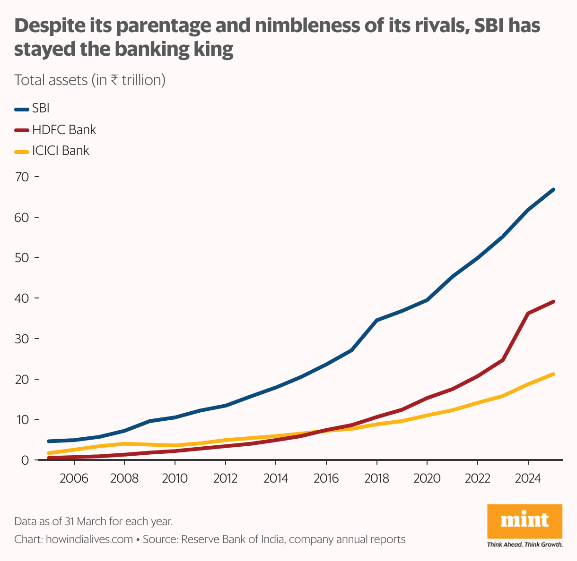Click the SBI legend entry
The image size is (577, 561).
(41, 108)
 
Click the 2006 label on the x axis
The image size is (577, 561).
(74, 478)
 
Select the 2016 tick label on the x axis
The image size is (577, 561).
(326, 478)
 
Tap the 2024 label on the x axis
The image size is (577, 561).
(527, 478)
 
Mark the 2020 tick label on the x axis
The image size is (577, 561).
(427, 478)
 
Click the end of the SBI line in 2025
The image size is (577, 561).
(553, 189)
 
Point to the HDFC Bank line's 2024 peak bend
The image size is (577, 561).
(528, 313)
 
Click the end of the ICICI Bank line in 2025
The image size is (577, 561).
(553, 374)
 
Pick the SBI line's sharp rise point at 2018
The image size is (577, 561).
(377, 320)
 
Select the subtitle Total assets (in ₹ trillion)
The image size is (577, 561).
(90, 80)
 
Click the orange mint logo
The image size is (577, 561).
(525, 522)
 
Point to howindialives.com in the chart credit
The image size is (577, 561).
(89, 539)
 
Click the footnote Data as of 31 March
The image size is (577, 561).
(93, 521)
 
